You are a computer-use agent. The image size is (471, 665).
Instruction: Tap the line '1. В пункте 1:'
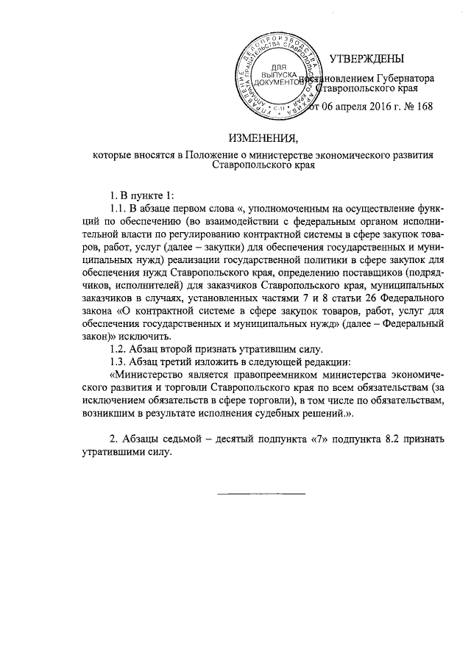coord(140,195)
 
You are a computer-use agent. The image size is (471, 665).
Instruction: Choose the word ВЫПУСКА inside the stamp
coord(279,74)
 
